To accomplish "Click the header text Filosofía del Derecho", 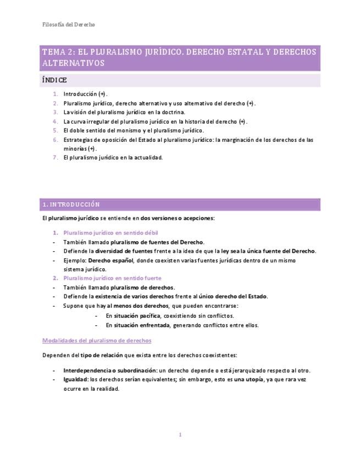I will [68, 25].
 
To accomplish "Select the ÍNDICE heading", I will [54, 80].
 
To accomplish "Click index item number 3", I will [56, 112].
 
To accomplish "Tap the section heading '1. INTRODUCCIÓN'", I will [71, 204].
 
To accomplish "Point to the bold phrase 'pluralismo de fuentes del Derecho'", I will [157, 242].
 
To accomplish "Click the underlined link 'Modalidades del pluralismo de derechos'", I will [97, 341].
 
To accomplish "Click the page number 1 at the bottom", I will [180, 435].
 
